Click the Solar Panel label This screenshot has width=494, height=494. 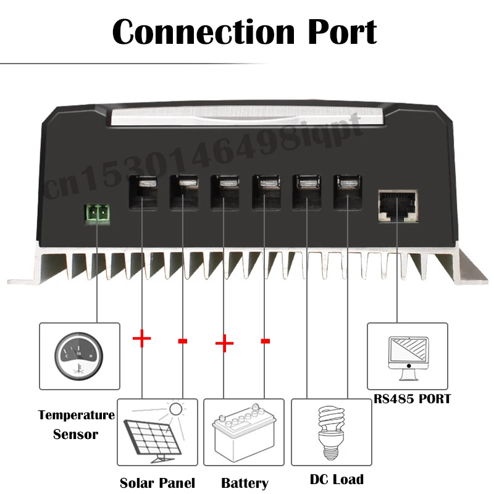pos(157,483)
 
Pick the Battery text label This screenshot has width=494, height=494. pos(245,483)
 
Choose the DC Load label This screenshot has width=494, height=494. pos(337,479)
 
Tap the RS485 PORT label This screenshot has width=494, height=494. pos(412,398)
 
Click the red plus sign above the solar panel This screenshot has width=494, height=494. pos(141,338)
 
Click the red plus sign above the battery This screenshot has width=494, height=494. pos(224,343)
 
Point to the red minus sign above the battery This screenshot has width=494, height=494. pos(266,340)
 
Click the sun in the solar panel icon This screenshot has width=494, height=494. pos(177,408)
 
